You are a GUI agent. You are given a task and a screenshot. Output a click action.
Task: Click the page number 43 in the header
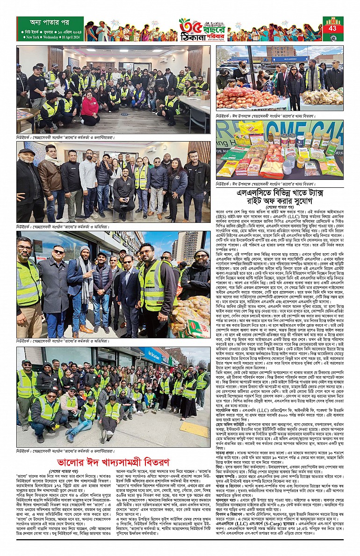[333, 29]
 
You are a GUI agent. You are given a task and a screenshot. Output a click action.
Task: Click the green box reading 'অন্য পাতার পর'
[50, 22]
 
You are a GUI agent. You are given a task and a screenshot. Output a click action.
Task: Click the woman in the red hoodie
[89, 107]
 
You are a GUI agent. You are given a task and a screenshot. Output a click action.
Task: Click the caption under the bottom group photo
[65, 450]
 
